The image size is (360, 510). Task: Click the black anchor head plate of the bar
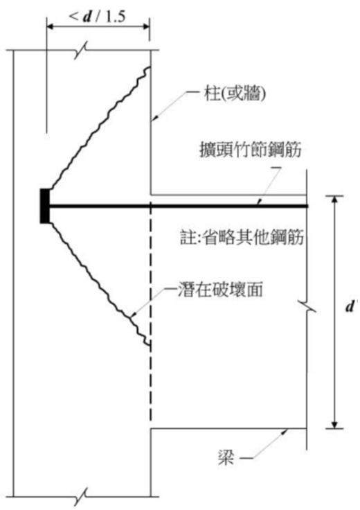coord(44,206)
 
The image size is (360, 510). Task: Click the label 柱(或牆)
coord(235,94)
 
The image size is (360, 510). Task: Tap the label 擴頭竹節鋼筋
coord(251,150)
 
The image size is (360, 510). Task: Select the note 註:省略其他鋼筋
coord(242,237)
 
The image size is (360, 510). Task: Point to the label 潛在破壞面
coord(220,290)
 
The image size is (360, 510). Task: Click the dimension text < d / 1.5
coord(97,16)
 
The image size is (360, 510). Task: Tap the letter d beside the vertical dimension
coord(350,306)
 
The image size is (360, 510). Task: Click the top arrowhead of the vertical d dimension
coord(335,200)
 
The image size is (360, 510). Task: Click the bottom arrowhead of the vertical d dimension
coord(335,424)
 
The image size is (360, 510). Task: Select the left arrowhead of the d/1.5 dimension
coord(51,27)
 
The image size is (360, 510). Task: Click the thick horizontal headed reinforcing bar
coord(178,206)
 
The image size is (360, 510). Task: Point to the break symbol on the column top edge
coord(80,50)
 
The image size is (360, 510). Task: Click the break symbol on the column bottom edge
coord(80,496)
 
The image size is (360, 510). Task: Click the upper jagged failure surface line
coord(99,127)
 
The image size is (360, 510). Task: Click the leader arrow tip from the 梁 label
coord(288,430)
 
